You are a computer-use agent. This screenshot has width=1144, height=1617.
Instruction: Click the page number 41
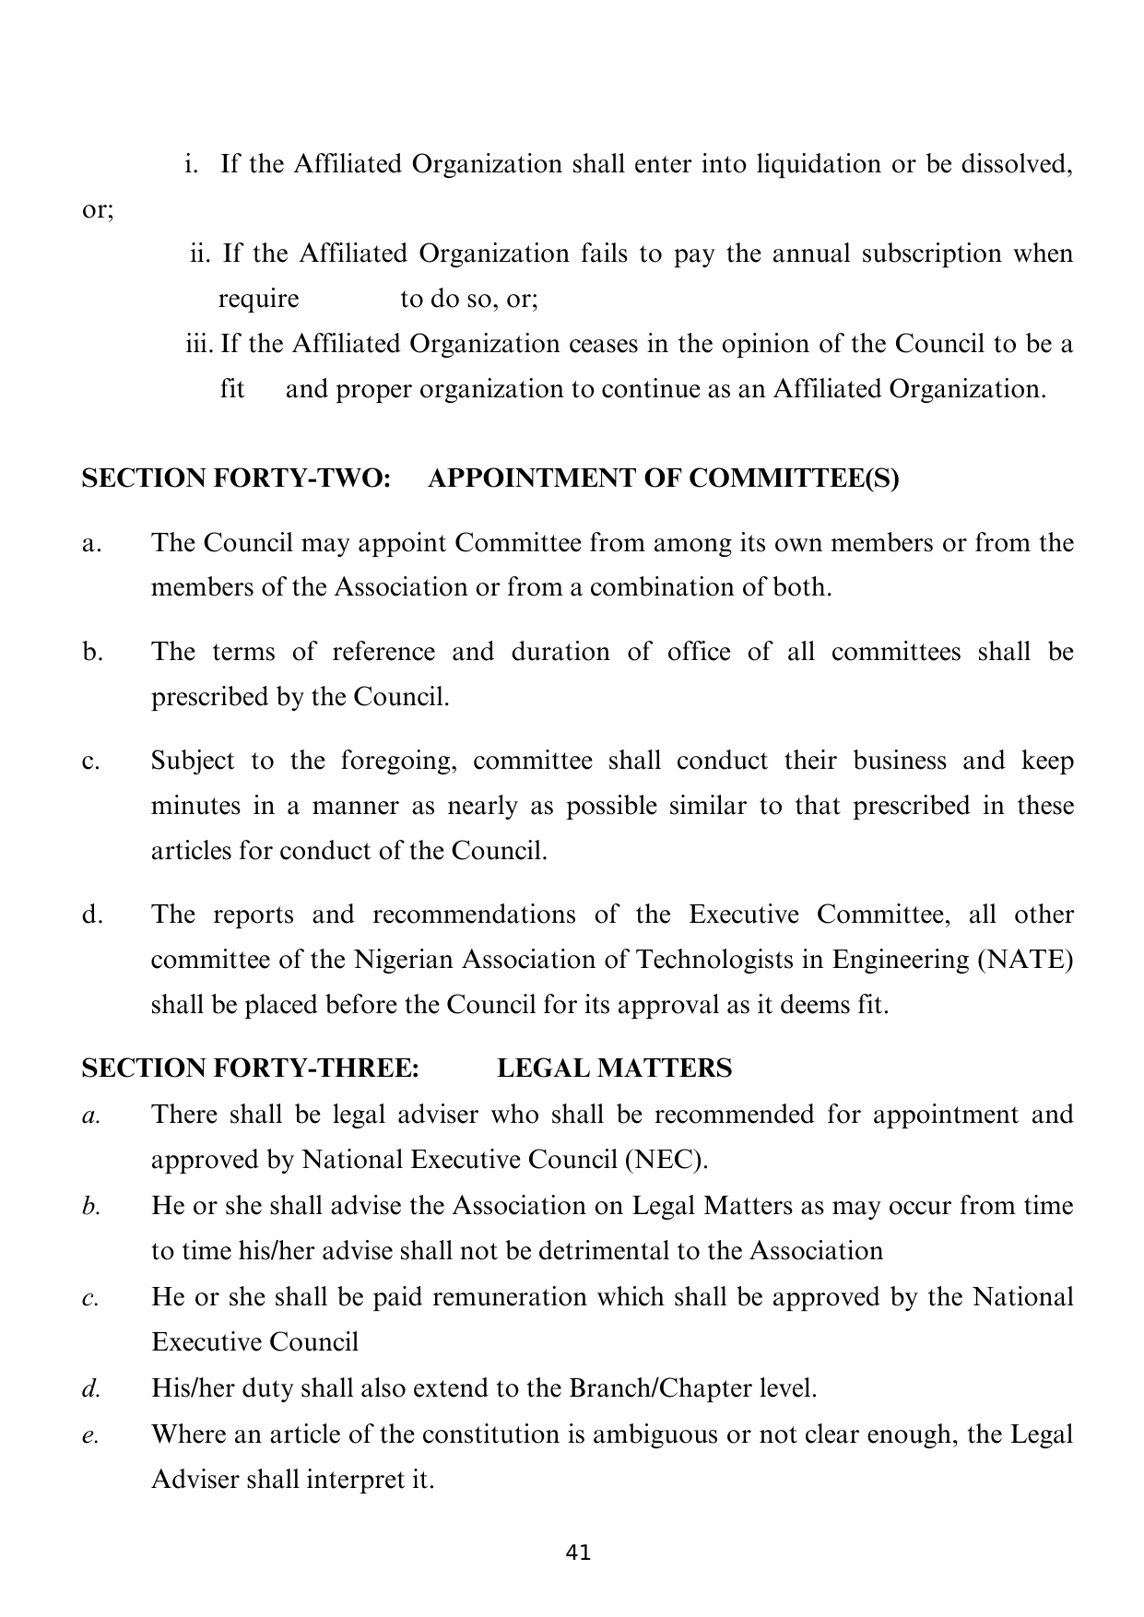(x=578, y=1552)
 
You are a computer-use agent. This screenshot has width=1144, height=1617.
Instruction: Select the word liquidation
(x=818, y=164)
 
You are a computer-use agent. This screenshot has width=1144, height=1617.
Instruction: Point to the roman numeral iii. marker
(x=199, y=344)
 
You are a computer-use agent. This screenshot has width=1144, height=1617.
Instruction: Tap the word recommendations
(x=476, y=915)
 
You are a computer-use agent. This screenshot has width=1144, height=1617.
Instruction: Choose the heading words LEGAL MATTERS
(x=615, y=1068)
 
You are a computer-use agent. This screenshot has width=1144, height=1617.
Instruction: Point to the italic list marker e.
(x=89, y=1435)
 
